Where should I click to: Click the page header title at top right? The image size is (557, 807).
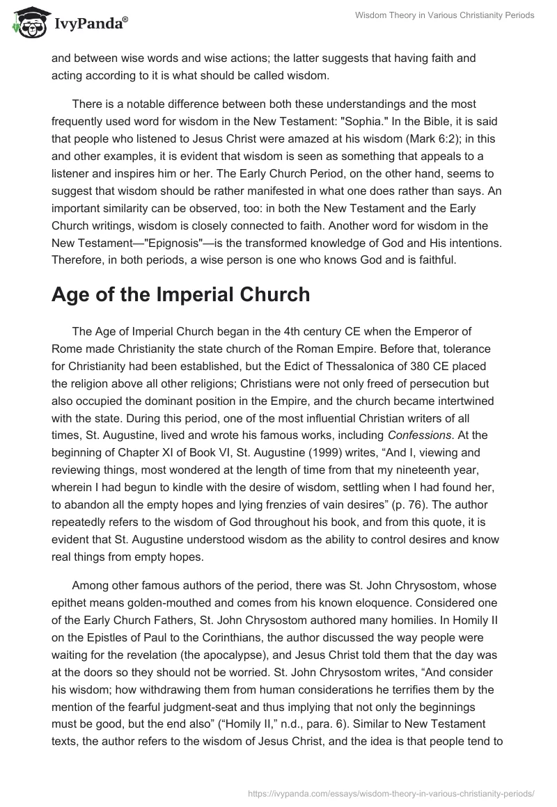tap(444, 15)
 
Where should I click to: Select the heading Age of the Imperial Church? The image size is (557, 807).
tap(180, 295)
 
